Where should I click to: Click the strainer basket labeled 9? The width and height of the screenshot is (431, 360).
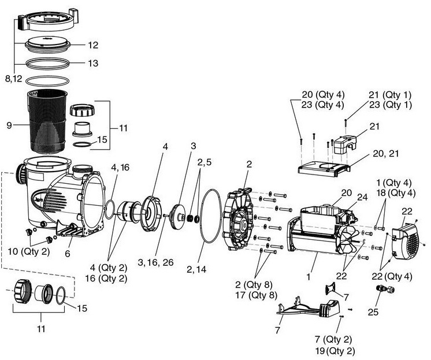(x=47, y=121)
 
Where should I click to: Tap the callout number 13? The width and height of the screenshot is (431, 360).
(x=93, y=63)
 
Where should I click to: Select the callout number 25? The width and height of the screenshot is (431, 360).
(x=373, y=312)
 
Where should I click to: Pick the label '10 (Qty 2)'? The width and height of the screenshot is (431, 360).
(x=29, y=251)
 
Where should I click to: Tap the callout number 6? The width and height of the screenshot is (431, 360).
(x=68, y=254)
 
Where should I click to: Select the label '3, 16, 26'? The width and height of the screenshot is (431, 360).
(x=155, y=262)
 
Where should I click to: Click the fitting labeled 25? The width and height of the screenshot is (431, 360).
(x=385, y=289)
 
